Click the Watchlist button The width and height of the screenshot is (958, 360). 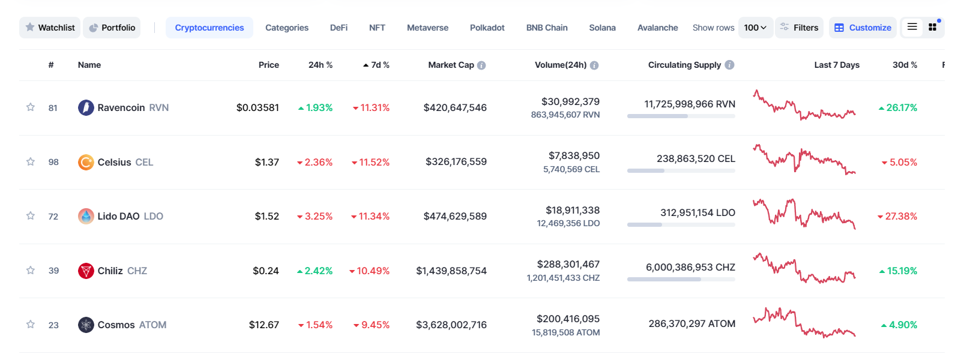(50, 28)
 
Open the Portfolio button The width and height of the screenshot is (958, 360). (112, 28)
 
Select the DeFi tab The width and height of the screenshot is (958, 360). (339, 28)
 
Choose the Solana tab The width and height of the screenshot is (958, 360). (602, 28)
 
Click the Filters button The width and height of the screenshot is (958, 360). (799, 28)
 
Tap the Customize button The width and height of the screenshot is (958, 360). (863, 28)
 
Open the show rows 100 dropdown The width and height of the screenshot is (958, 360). (755, 28)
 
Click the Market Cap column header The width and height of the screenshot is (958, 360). (451, 65)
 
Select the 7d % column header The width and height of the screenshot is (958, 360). (376, 65)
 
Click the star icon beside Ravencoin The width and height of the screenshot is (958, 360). (31, 107)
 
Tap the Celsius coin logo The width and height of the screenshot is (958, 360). (86, 162)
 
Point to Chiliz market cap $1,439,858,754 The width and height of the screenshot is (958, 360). (451, 271)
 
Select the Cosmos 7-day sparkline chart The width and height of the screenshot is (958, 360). (804, 322)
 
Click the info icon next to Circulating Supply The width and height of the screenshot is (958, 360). (729, 65)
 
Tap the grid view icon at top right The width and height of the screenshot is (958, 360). (932, 27)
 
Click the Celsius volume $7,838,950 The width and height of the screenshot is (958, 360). (574, 156)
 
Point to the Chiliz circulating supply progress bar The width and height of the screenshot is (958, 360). (681, 279)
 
